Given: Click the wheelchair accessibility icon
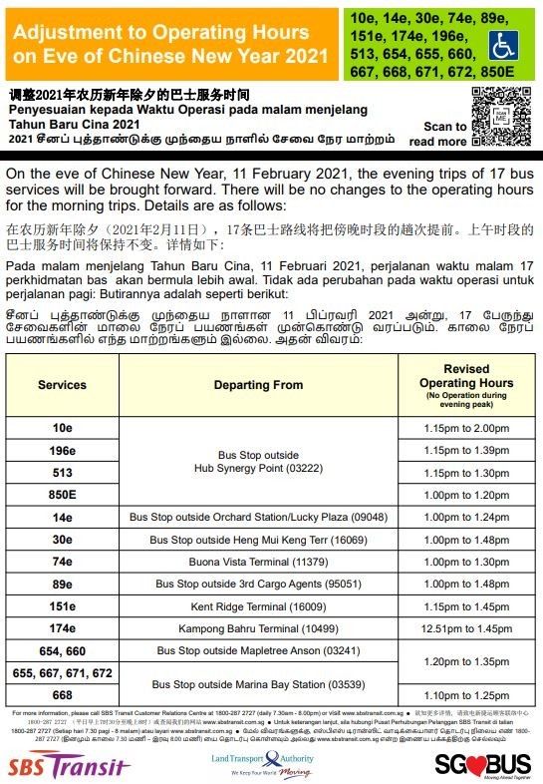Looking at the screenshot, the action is click(x=502, y=45).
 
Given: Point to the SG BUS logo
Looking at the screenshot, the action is click(x=483, y=762).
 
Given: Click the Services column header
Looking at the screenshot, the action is click(x=62, y=384).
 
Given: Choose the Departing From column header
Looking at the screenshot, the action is click(x=258, y=384).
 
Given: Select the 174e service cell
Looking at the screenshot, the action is click(x=62, y=628).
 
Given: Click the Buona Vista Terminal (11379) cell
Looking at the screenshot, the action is click(x=258, y=562).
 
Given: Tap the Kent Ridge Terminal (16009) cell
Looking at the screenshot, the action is click(x=258, y=606).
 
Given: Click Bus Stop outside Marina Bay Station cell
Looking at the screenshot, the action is click(x=258, y=683).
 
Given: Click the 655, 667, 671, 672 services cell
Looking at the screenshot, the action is click(x=62, y=673).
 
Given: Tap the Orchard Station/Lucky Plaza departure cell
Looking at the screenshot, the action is click(x=258, y=517).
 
